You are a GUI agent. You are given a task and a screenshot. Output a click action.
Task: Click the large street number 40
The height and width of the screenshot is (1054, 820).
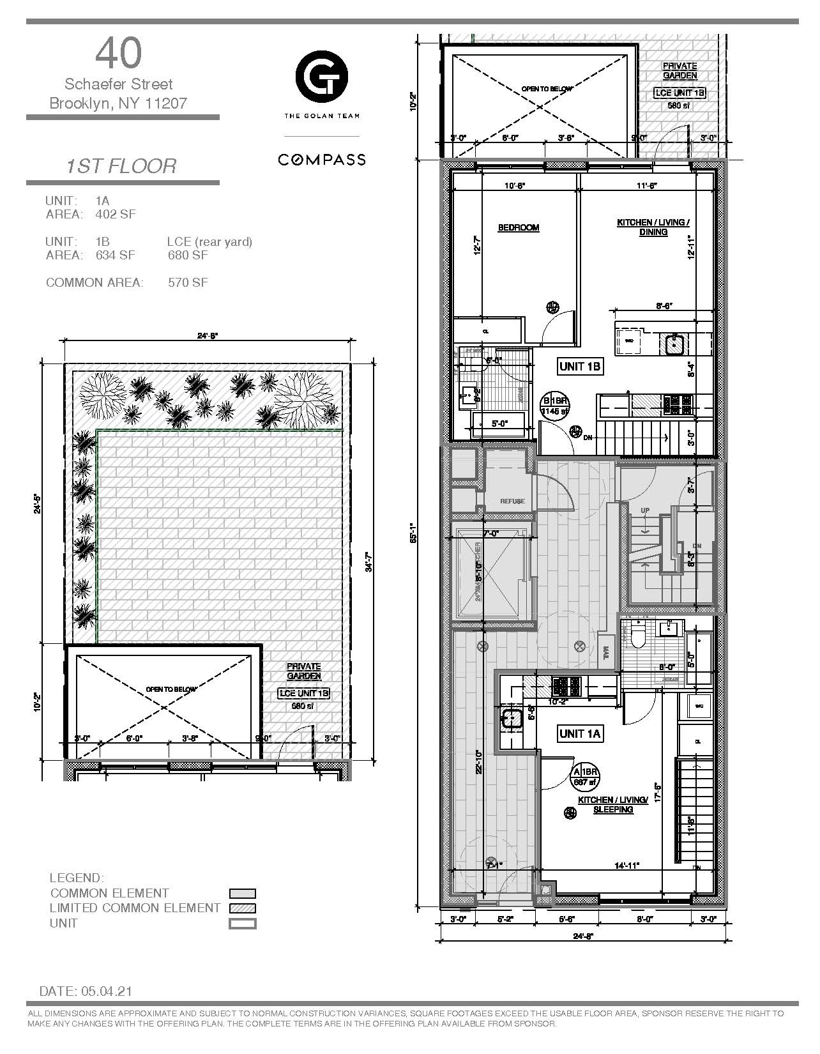point(119,54)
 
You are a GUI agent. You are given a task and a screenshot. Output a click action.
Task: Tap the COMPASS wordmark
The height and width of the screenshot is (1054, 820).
point(321,160)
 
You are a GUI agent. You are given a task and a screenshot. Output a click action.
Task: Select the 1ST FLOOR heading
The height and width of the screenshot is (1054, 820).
point(121,166)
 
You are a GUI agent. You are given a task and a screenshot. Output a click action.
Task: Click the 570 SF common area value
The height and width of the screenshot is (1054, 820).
point(188,282)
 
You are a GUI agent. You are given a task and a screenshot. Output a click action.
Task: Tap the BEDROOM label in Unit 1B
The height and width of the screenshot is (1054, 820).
point(519,227)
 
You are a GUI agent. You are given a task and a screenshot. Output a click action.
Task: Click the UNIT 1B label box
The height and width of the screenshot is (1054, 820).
point(580,366)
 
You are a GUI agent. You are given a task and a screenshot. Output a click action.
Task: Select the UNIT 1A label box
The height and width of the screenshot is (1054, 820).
point(580,733)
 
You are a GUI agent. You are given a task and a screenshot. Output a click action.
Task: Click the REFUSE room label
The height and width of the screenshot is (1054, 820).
point(512,501)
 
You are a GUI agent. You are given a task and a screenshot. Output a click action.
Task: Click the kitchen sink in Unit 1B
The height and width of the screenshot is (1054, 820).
point(675,345)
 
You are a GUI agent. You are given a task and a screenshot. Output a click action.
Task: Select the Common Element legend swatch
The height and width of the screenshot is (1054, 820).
point(243,894)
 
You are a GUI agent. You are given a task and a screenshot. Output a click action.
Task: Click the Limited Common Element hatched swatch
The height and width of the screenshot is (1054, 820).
point(243,908)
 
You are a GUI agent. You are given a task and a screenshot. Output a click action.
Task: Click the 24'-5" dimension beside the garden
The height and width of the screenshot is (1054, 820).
point(38,505)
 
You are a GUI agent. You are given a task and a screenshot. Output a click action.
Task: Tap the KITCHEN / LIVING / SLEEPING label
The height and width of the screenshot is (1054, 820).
point(614,805)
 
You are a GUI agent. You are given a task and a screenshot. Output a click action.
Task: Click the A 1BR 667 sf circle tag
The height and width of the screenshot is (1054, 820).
point(586,775)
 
